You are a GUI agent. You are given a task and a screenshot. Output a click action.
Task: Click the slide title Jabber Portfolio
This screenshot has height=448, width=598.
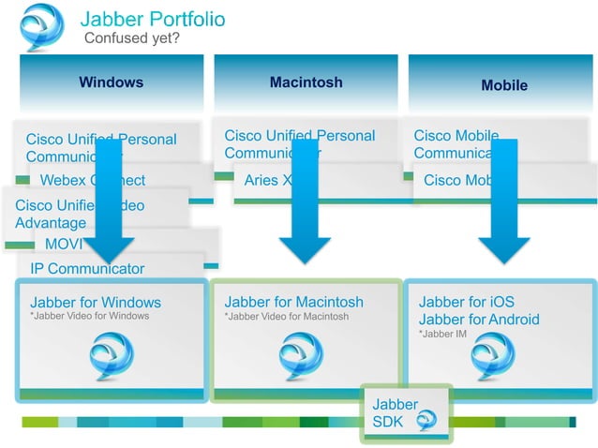[x=153, y=19]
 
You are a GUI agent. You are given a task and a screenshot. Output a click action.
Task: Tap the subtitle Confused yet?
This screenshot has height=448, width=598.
[x=131, y=38]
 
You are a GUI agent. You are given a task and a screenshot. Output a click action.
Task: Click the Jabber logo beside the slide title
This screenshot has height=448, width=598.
[x=42, y=26]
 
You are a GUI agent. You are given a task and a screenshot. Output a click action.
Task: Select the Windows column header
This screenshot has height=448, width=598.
[x=112, y=82]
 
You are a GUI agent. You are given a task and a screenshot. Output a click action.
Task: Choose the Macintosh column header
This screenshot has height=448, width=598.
[x=306, y=82]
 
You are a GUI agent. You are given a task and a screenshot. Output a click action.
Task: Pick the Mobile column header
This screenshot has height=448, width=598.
[x=504, y=85]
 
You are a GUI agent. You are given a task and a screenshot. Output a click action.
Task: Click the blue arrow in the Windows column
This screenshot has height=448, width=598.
[x=110, y=202]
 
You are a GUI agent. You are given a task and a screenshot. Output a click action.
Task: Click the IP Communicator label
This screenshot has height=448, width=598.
[x=87, y=269]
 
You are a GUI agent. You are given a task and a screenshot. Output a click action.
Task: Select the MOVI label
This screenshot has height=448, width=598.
[x=64, y=245]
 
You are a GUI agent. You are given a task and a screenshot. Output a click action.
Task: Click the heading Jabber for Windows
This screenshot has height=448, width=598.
[x=96, y=303]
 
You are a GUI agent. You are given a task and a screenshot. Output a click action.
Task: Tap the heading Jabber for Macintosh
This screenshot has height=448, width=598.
[x=294, y=303]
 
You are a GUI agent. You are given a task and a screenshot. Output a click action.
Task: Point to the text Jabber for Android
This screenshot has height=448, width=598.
[x=479, y=320]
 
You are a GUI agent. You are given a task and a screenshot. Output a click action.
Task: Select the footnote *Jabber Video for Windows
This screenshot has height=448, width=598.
[x=89, y=317]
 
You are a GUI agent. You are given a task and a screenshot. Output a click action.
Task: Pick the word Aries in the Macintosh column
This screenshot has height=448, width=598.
[x=262, y=181]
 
